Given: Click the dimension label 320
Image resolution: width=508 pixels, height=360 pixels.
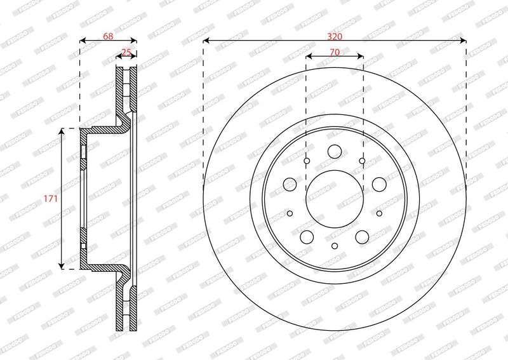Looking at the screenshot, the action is coord(335,37).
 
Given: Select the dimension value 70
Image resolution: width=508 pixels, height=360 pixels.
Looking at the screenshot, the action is coord(335,52).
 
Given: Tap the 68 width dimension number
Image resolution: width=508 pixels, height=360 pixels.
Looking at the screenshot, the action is coord(108,36).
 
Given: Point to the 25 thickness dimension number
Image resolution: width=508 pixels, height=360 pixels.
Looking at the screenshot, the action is coord(126,52).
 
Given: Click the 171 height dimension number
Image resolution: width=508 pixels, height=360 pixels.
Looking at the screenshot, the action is coord(51,198).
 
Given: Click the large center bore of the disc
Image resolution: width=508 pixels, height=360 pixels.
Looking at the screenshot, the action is coord(335,199).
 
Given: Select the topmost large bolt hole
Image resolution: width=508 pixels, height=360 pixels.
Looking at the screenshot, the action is coord(335,151).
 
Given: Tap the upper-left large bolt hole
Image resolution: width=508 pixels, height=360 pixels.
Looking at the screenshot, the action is coord(290,184).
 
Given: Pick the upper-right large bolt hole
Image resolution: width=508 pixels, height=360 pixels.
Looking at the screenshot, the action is coord(379,184).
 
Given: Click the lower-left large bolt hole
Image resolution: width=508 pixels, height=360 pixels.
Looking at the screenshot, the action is coord(307,237).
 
